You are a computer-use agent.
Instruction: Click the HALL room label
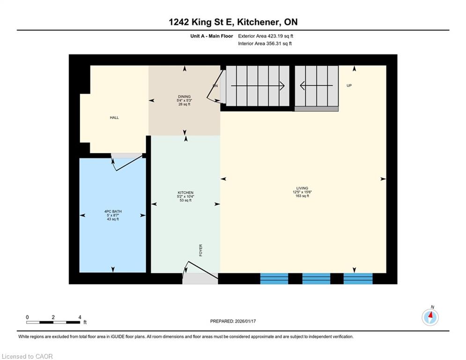point(114,118)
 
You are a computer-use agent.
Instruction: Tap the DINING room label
point(184,97)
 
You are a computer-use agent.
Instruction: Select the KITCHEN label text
point(185,193)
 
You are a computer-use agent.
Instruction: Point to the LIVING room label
point(302,188)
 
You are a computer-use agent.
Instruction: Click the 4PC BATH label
point(113,211)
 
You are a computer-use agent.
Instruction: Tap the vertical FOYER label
point(200,250)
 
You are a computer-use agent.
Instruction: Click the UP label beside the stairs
point(349,85)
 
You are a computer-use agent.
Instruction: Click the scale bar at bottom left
point(53,322)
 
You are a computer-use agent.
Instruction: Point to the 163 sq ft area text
point(302,196)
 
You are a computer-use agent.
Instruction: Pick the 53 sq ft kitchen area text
point(185,200)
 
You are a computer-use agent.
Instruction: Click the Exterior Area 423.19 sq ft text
point(266,36)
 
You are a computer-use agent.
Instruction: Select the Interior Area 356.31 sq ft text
point(265,44)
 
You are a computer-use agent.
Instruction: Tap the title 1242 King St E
point(202,22)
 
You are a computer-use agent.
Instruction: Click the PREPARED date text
point(233,321)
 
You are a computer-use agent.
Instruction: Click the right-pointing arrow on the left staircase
point(258,86)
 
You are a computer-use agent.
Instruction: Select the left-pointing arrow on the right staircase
point(316,86)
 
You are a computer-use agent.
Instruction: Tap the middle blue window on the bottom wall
point(316,278)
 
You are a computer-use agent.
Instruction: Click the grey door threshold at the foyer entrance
point(200,278)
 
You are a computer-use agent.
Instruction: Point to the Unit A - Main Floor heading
point(212,36)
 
